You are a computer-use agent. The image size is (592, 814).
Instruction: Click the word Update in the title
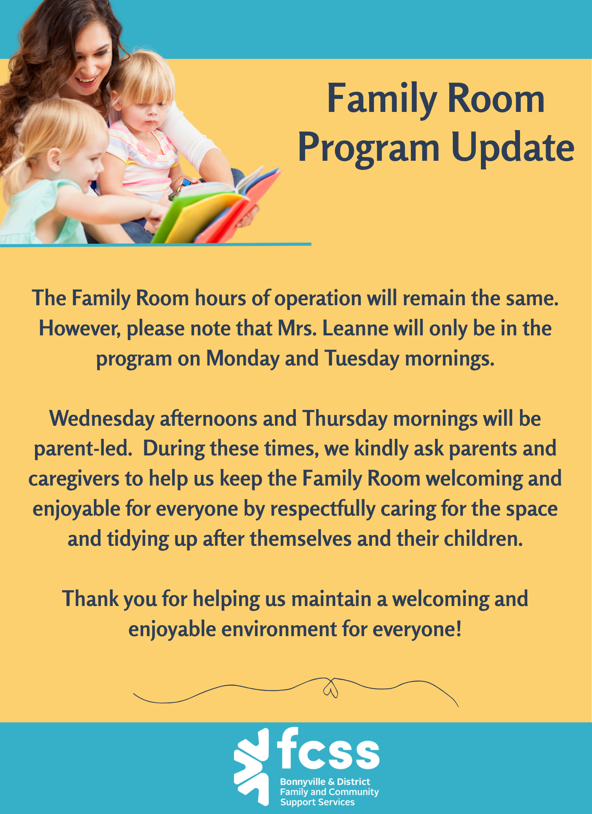(x=513, y=147)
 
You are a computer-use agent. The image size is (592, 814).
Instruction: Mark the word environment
(x=279, y=630)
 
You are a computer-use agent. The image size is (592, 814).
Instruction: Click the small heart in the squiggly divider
(x=330, y=689)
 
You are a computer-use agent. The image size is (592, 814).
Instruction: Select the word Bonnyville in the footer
(x=303, y=782)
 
